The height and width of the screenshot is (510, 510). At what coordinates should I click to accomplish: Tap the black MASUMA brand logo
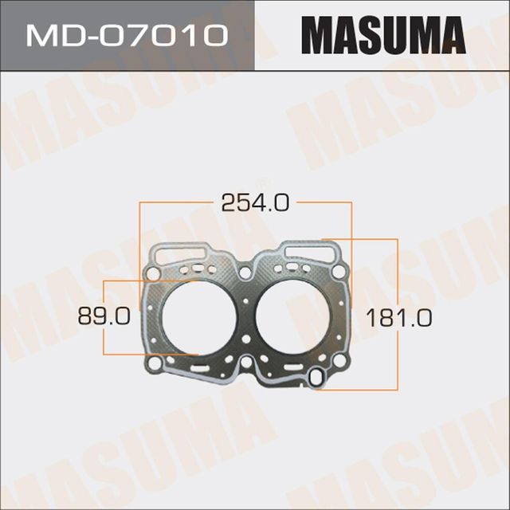pyautogui.click(x=383, y=35)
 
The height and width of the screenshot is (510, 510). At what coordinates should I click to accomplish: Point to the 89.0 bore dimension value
pyautogui.click(x=104, y=316)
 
